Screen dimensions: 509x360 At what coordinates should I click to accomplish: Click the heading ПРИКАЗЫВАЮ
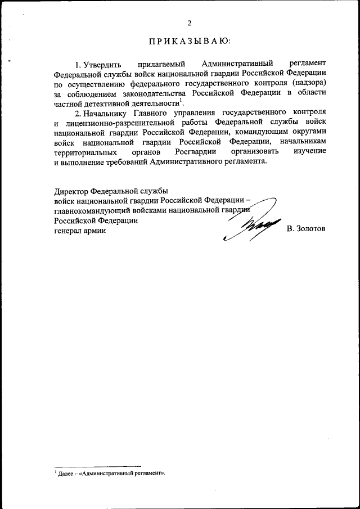[x=190, y=41]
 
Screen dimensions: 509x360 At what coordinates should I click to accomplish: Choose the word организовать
[x=256, y=151]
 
